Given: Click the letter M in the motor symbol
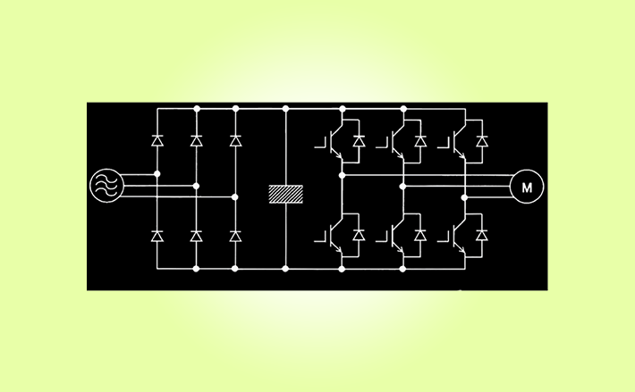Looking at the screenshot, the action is (527, 187).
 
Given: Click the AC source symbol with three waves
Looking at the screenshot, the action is (106, 185).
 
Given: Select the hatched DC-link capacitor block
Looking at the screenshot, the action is (286, 194).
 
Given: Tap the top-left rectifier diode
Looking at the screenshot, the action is (157, 140).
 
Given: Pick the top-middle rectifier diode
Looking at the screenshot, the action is (196, 140).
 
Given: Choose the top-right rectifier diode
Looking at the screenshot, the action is (235, 140).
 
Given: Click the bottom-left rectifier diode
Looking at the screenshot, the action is (157, 236).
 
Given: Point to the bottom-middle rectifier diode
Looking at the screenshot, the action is (196, 236).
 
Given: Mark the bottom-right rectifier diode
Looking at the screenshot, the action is (235, 236).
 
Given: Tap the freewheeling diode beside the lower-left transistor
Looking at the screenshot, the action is (359, 234).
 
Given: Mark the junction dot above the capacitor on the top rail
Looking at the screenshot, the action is (286, 107).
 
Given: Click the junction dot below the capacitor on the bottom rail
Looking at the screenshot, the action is (286, 267).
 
